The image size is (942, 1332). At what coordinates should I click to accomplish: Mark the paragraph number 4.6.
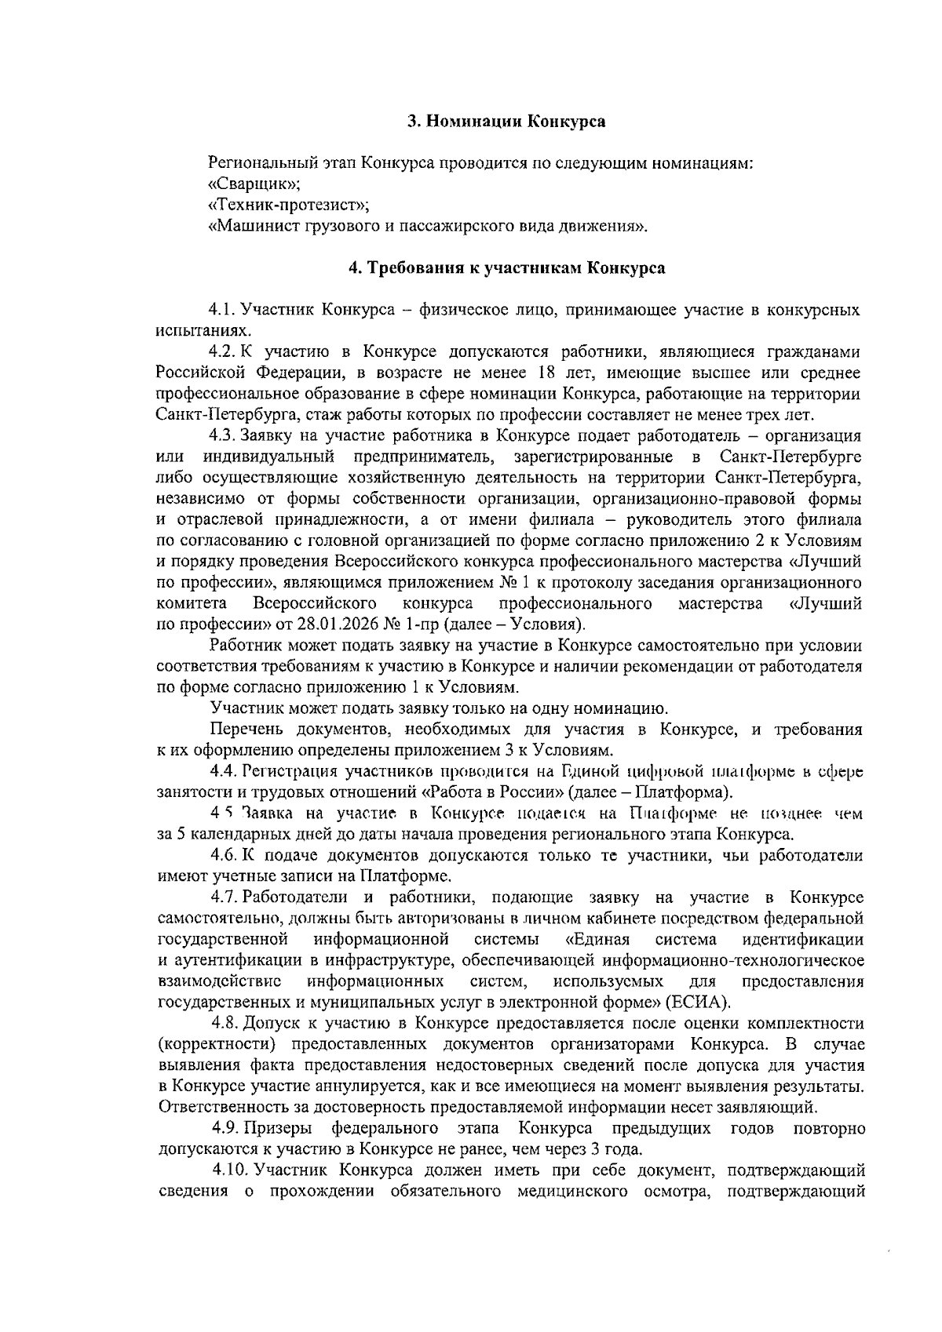click(225, 855)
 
